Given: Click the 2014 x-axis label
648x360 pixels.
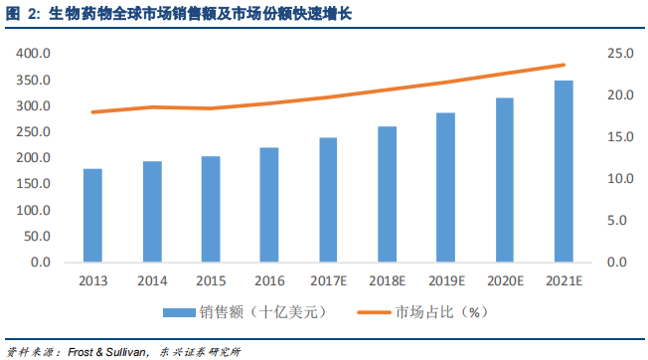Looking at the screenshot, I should (151, 281).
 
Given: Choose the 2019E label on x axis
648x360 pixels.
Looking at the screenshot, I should (445, 281).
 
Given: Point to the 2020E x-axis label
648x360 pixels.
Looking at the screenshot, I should (504, 281).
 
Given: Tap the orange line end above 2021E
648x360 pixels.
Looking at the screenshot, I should (563, 66).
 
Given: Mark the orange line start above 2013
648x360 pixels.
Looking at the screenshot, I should (92, 112).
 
